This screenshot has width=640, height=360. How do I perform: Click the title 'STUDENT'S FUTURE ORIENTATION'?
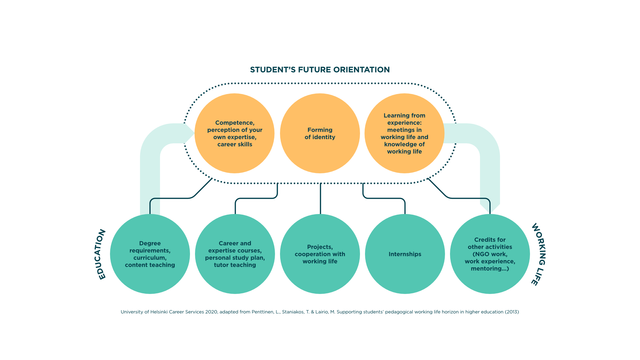coord(320,70)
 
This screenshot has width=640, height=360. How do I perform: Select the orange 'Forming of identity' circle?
coord(320,133)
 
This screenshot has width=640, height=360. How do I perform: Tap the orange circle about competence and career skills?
coord(235,133)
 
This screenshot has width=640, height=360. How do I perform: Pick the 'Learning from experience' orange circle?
coord(404,133)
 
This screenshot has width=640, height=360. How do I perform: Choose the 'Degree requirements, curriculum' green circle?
coord(150,254)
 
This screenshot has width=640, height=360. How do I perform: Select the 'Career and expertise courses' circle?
coord(235,254)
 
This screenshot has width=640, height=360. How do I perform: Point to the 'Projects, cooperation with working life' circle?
coord(320,254)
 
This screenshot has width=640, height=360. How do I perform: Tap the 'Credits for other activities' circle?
coord(490,254)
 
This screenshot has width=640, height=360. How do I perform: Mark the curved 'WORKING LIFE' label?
coord(539,254)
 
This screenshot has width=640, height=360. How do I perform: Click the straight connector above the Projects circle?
coord(320,199)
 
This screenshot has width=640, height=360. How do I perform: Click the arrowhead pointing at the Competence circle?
coord(189,133)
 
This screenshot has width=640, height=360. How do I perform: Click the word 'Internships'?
coord(405,254)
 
